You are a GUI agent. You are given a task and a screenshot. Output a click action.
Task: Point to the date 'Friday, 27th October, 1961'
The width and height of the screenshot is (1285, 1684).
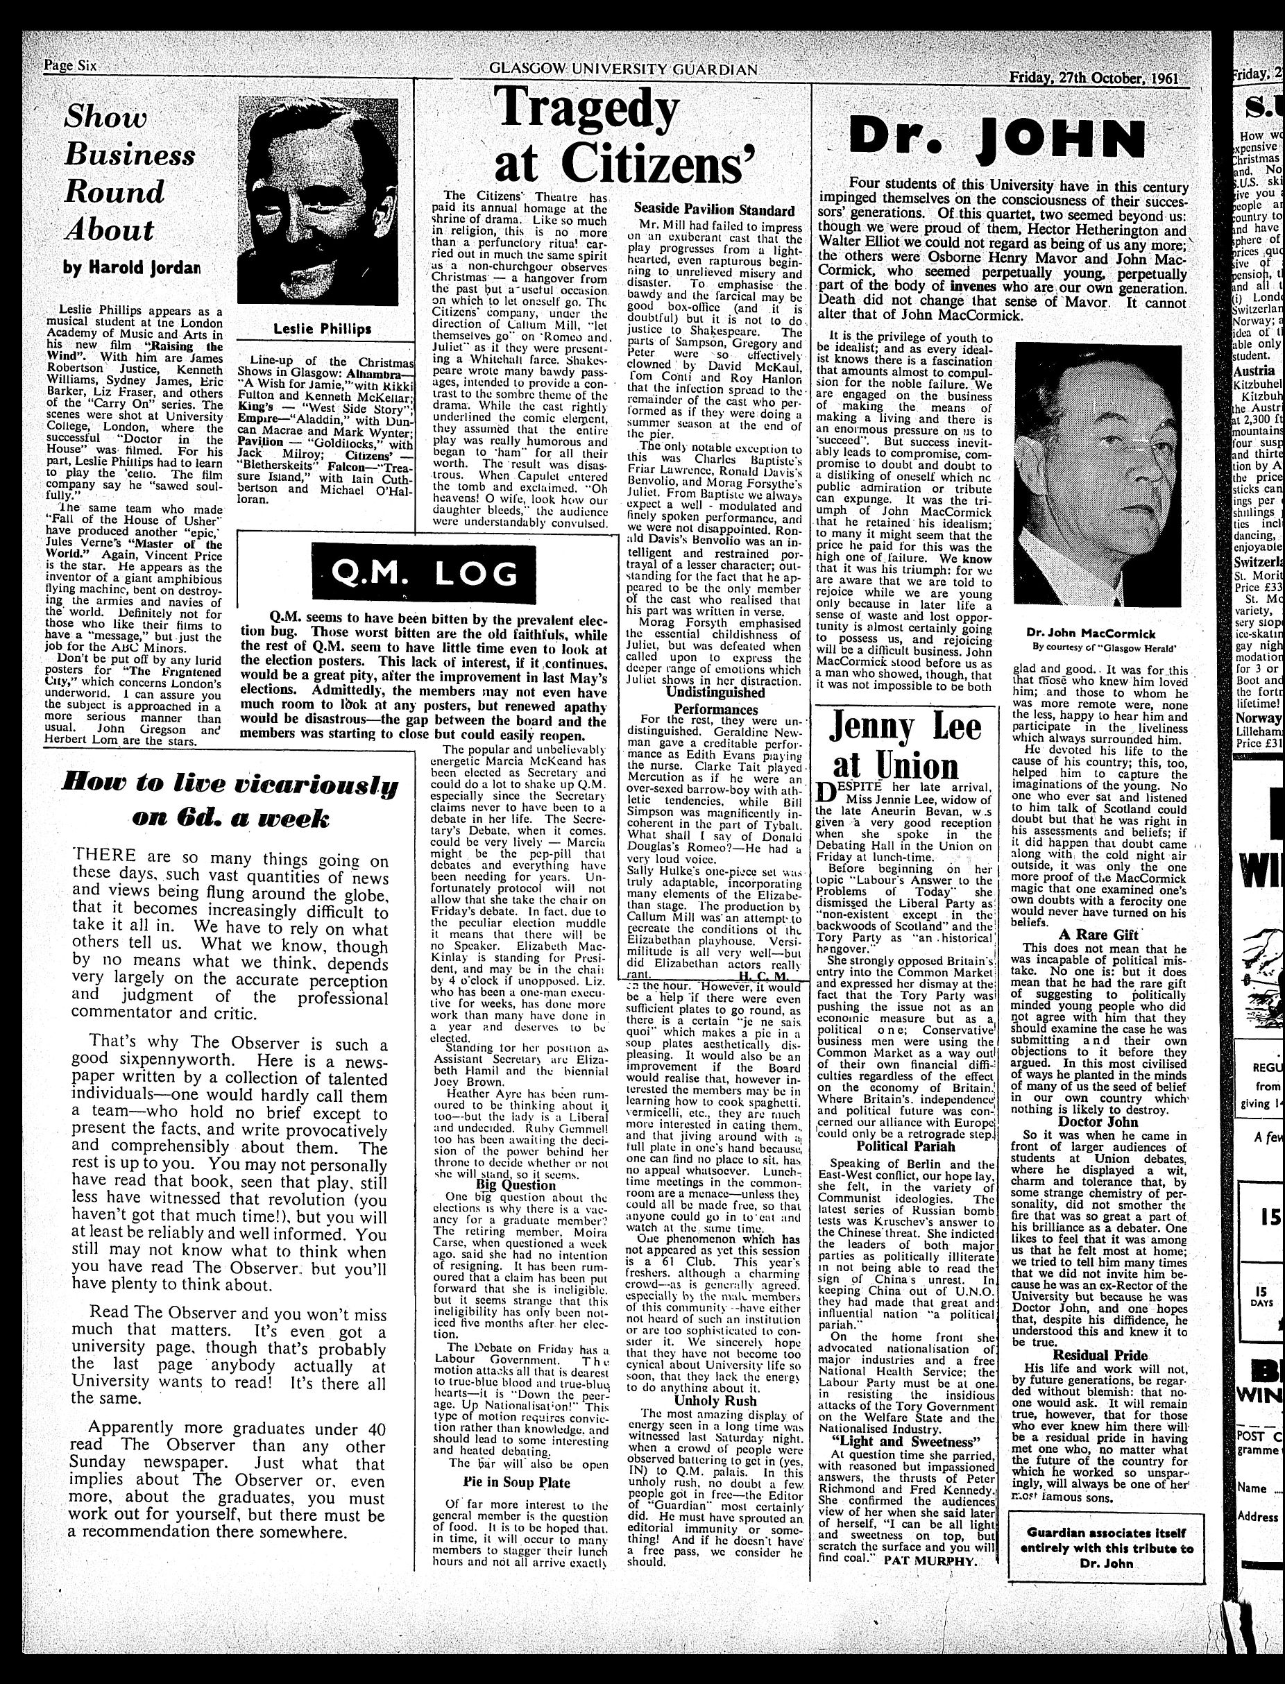tap(1093, 77)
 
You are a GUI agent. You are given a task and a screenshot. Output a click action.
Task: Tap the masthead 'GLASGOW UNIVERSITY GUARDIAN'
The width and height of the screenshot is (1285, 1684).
tap(622, 69)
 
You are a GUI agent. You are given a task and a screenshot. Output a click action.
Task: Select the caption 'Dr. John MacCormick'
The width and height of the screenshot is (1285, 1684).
tap(1091, 634)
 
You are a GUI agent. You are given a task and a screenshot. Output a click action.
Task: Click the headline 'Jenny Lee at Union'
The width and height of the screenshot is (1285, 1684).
tap(904, 744)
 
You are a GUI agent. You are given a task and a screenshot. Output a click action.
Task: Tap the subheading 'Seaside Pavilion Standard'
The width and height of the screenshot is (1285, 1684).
tap(715, 210)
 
